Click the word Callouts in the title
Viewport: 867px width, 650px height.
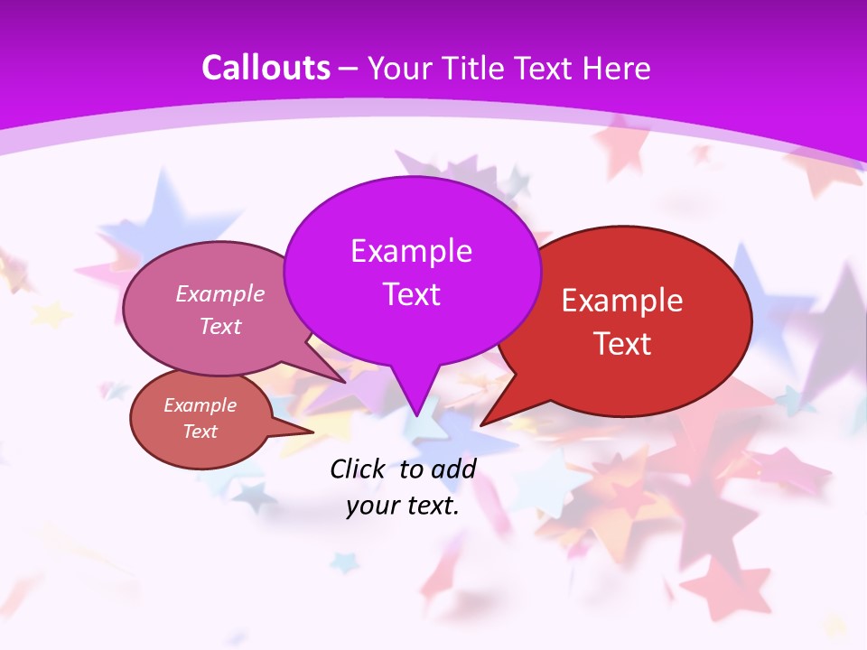tap(266, 68)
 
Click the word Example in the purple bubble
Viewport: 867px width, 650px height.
tap(411, 250)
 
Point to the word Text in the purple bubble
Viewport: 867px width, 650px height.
tap(411, 294)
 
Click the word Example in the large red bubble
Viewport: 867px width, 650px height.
tap(622, 301)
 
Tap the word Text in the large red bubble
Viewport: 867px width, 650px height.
tap(622, 344)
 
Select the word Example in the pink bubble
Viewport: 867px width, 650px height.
tap(220, 293)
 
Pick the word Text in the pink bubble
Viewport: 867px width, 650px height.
tap(220, 326)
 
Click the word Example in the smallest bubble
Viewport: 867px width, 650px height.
tap(200, 405)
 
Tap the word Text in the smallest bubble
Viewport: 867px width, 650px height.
tap(200, 432)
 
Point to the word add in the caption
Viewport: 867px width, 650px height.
tap(453, 469)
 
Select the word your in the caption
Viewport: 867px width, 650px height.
tap(371, 506)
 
